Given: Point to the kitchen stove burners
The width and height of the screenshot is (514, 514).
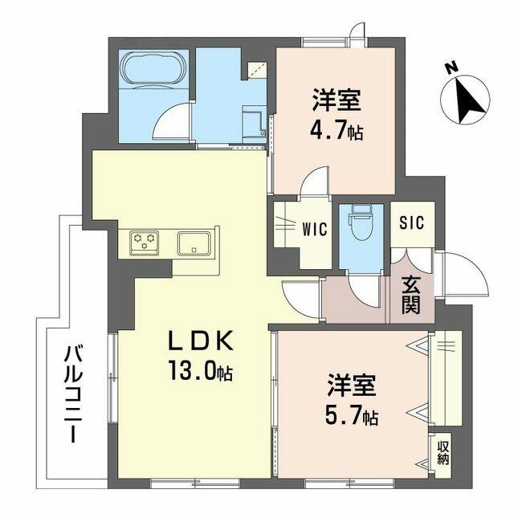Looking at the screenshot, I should point(145,240).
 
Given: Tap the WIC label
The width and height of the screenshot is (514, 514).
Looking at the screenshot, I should point(314,229).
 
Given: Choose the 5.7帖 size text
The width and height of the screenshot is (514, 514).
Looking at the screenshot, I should point(351,417).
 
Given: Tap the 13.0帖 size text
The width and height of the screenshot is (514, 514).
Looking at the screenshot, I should point(201,372).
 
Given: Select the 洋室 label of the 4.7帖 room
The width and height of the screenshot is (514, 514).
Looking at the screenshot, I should point(337,101).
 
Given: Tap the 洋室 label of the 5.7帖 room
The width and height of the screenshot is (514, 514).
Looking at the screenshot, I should point(350,386).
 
